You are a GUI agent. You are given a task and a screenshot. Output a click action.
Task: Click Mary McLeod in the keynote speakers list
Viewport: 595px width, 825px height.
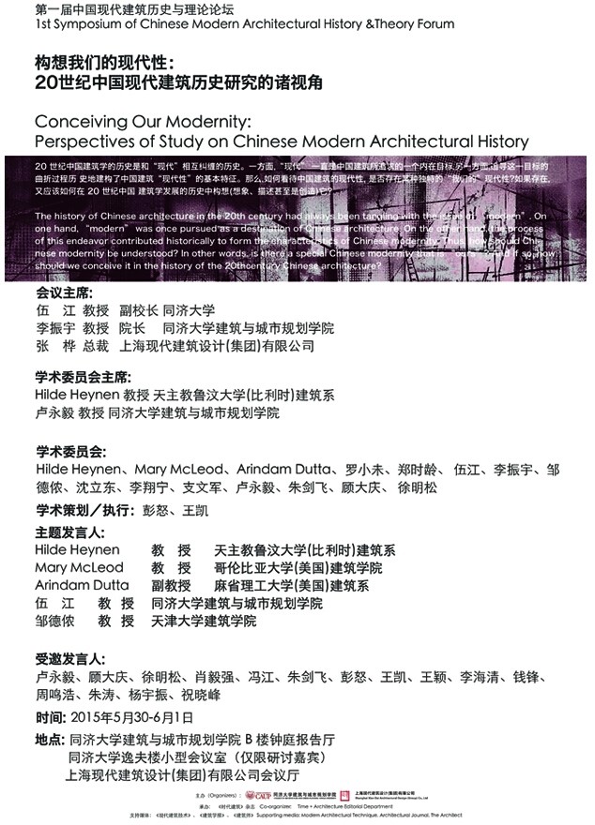(x=78, y=567)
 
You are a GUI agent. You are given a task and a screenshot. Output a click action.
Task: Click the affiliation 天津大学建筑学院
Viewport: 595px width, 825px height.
(x=204, y=621)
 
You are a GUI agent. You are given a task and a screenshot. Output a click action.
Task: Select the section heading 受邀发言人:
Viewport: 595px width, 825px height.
(x=65, y=658)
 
